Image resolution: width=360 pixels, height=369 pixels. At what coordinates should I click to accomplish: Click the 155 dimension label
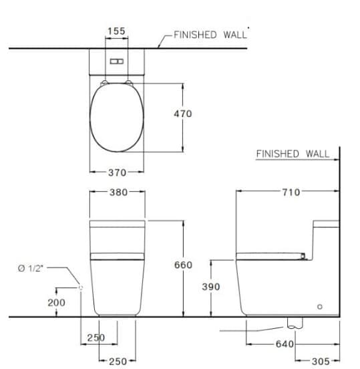coord(116,31)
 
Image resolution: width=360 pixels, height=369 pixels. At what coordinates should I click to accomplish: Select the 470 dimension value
coord(182,114)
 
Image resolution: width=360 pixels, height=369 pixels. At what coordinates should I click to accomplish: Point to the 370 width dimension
coord(117,172)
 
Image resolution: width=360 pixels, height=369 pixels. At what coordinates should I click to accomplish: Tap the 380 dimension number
coord(117,191)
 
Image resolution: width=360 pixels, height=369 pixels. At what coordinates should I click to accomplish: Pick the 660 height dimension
coord(182,265)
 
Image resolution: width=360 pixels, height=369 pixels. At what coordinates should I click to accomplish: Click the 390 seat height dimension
coord(210,286)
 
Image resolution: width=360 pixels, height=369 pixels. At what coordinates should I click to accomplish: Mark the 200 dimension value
coord(57,302)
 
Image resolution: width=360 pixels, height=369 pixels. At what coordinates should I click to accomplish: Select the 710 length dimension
coord(291,193)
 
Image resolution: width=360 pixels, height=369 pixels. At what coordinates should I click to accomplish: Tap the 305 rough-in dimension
coord(321,361)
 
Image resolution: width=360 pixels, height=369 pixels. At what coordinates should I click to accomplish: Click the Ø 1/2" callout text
coord(32,269)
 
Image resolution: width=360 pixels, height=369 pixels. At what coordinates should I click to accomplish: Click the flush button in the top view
coord(117,61)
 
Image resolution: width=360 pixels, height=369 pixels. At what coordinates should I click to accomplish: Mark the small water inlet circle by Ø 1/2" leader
coord(81,287)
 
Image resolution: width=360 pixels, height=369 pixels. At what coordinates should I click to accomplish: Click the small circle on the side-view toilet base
coord(319,306)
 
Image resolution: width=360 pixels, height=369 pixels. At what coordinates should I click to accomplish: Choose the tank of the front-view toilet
coord(117,237)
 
